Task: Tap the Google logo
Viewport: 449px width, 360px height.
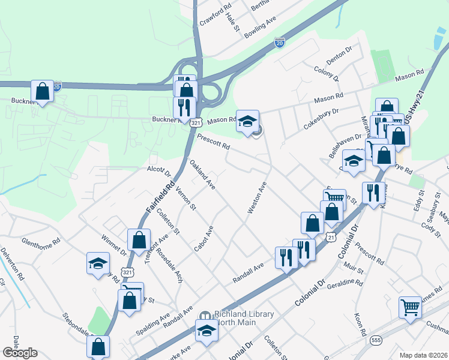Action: click(x=20, y=353)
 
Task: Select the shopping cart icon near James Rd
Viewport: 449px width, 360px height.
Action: click(x=411, y=307)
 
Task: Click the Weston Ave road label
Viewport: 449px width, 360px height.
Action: click(x=257, y=199)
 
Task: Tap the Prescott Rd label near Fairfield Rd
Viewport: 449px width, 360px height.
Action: click(x=213, y=142)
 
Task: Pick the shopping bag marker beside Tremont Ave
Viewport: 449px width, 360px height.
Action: click(x=139, y=240)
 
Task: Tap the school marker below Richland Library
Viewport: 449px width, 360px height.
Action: click(x=206, y=331)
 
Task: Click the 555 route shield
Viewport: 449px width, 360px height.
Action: click(x=375, y=339)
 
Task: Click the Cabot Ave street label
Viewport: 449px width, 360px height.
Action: click(x=204, y=239)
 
